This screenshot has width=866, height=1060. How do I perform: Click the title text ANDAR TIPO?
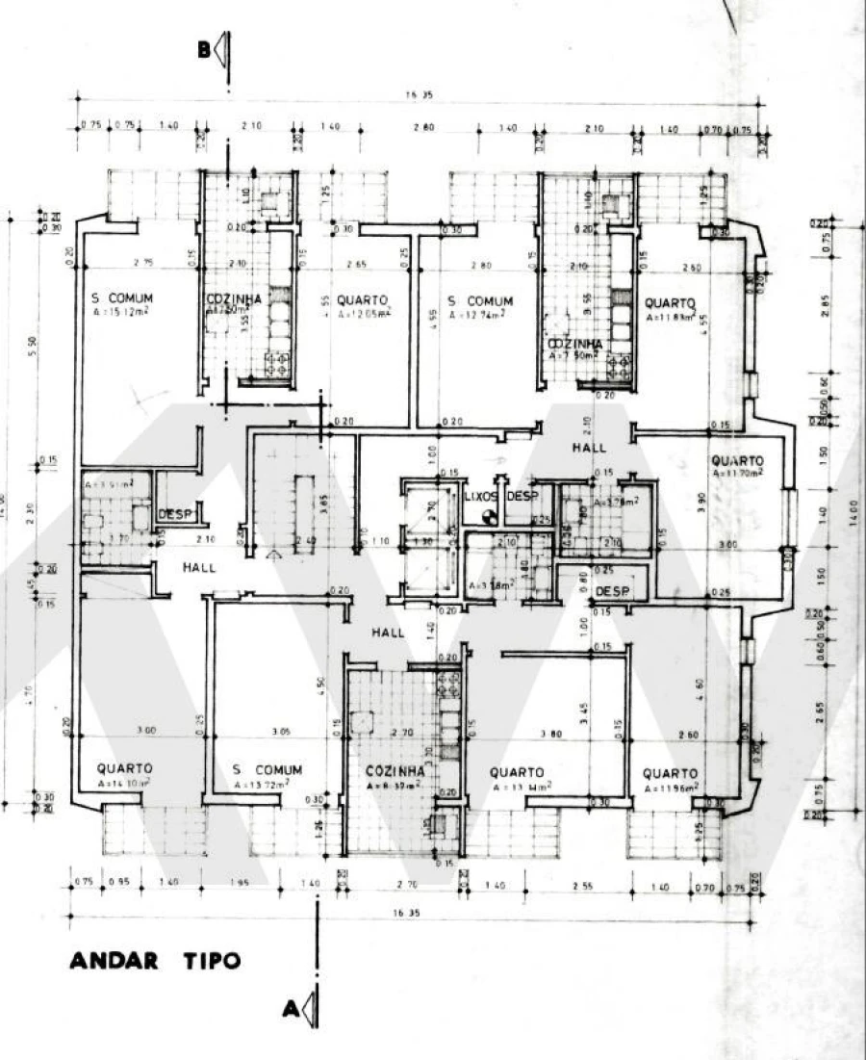tap(155, 960)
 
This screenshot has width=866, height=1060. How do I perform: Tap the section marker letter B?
tap(205, 50)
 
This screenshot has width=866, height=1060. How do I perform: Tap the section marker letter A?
tap(289, 1008)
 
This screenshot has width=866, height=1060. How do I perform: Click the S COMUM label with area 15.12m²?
tap(122, 299)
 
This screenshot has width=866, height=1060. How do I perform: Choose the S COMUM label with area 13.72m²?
tap(267, 770)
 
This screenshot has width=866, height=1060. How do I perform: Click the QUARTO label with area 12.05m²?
tap(363, 300)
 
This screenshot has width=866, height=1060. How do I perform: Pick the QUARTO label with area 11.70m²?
tap(737, 461)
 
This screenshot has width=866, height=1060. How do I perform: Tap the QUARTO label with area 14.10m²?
tap(124, 769)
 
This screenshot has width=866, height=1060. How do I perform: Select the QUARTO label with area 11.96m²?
tap(670, 773)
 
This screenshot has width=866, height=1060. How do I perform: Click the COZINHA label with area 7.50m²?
tap(575, 344)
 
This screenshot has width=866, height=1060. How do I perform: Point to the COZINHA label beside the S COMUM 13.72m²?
tap(395, 772)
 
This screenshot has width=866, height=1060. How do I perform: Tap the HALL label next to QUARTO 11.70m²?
tap(589, 448)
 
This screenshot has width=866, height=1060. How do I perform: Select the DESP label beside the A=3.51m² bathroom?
tap(171, 513)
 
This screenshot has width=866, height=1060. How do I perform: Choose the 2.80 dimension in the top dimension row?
tap(424, 127)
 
